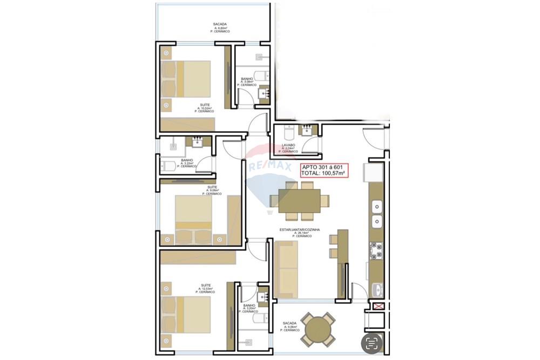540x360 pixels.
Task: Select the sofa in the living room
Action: click(x=286, y=269)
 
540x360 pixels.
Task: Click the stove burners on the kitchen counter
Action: click(x=376, y=250)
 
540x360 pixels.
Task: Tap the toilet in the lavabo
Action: click(x=289, y=131)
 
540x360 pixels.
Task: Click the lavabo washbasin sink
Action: click(x=307, y=130)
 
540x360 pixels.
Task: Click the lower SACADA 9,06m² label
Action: click(x=289, y=326)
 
